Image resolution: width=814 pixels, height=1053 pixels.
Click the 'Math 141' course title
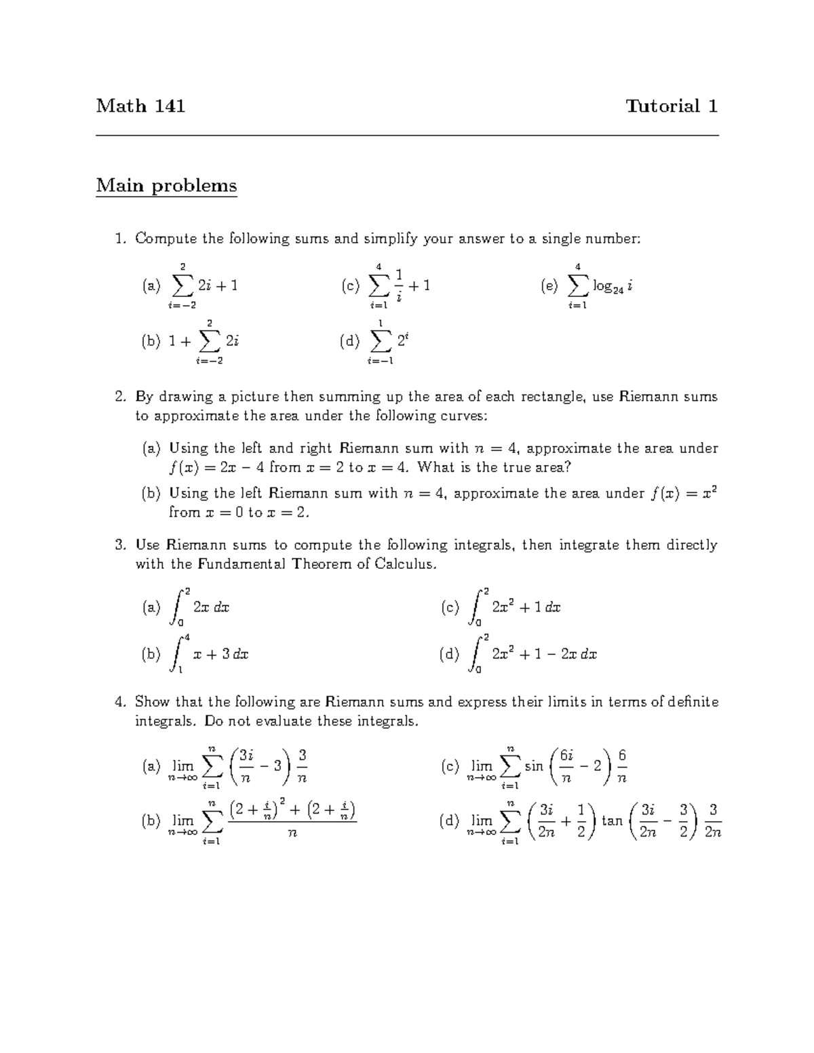140,106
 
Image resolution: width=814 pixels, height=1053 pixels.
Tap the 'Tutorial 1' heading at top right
672,106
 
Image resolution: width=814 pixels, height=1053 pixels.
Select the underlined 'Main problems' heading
166,186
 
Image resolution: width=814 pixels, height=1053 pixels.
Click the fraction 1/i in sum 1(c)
399,286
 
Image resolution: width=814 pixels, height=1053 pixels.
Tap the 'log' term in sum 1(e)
602,286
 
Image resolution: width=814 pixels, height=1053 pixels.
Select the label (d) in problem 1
350,342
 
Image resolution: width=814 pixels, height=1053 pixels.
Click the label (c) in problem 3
450,608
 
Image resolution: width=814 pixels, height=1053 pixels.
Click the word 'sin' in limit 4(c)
534,766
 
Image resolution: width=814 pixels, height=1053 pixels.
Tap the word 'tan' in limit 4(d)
612,821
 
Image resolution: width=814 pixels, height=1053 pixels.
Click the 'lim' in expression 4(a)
182,766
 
